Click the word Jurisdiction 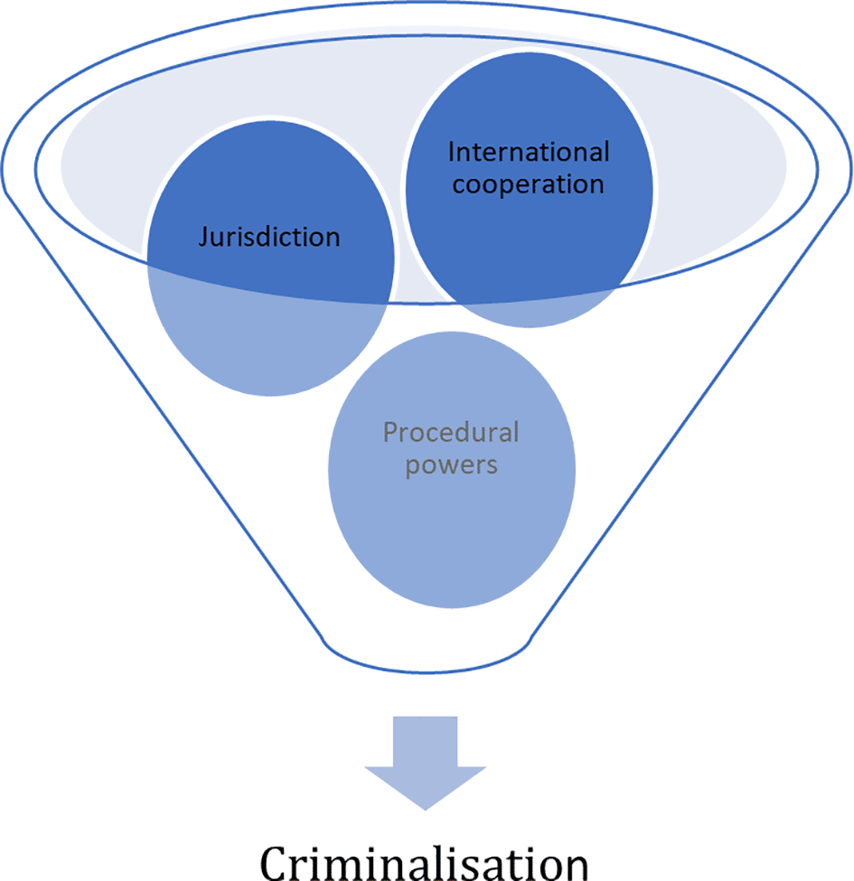269,237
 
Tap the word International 529,153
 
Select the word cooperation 528,185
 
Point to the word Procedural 451,433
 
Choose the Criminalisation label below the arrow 424,862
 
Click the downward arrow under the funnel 426,763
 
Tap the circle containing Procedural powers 452,470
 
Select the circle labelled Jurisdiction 271,258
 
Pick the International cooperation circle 530,190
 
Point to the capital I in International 451,153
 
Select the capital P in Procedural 390,433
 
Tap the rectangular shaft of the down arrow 426,742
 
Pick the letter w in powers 446,465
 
